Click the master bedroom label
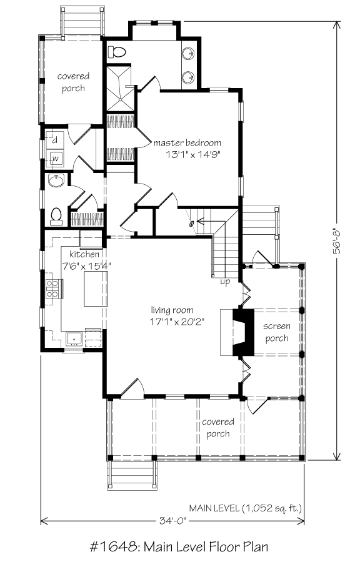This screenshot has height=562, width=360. click(x=187, y=143)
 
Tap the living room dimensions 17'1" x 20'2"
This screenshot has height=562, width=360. click(x=177, y=322)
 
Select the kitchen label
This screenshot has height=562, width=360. click(x=84, y=255)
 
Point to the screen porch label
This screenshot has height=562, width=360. click(x=276, y=332)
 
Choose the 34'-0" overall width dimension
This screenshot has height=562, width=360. click(x=172, y=520)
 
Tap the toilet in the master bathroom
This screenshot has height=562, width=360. click(x=117, y=52)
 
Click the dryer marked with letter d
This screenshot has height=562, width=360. click(x=55, y=140)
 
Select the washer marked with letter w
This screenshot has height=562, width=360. click(x=55, y=158)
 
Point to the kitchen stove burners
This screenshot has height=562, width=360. click(x=52, y=289)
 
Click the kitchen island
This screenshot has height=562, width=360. click(x=96, y=288)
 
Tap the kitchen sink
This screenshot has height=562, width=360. click(x=74, y=338)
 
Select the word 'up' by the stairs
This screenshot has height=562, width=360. click(x=225, y=282)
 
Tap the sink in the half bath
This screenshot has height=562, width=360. click(x=56, y=181)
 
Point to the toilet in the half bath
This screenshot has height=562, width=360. click(x=56, y=217)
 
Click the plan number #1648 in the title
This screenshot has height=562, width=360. click(x=114, y=547)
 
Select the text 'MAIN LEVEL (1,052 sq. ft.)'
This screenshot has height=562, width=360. click(x=246, y=508)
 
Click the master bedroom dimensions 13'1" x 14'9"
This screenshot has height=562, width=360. click(x=192, y=155)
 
